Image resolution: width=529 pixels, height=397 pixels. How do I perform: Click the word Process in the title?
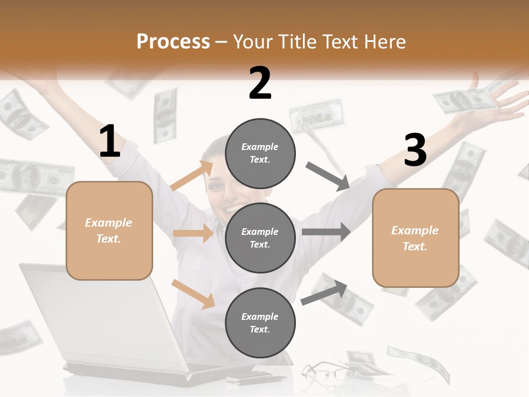point(173,42)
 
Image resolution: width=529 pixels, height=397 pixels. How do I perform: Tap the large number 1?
point(110,142)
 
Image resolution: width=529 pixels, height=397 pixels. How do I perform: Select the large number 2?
point(260,83)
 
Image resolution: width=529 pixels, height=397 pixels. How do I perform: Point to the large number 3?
point(415,151)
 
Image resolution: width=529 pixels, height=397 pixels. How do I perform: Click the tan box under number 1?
point(109,230)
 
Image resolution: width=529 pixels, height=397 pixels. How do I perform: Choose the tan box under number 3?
point(415,238)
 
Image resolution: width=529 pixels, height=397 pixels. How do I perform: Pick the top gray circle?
point(260,153)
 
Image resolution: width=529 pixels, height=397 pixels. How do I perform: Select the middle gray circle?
point(260,238)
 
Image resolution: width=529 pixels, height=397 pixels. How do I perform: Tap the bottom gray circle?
point(260,323)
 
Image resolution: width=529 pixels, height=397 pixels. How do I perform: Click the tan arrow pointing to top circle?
point(192,176)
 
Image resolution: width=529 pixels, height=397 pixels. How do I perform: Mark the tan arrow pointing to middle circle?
point(193,233)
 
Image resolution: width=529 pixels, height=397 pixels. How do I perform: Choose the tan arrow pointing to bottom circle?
point(193,294)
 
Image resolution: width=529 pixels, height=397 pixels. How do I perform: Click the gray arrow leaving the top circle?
point(328,176)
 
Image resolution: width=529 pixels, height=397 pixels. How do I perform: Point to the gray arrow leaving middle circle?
point(326,232)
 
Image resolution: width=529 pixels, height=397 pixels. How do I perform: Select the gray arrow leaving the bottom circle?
point(325,293)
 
